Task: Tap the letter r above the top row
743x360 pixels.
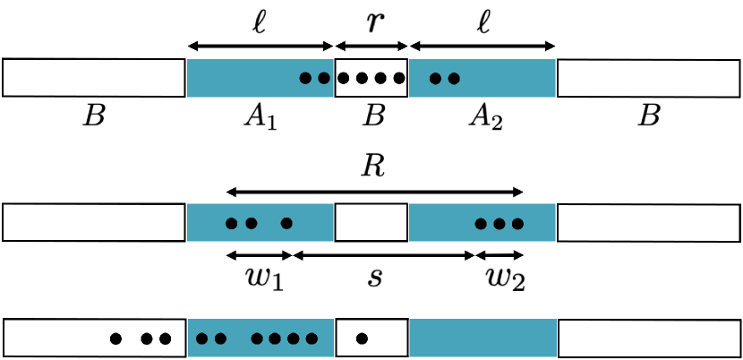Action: click(x=371, y=21)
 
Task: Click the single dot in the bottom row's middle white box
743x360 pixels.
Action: click(x=362, y=339)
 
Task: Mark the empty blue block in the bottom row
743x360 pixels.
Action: click(x=483, y=339)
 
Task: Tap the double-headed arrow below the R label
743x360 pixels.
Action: click(x=374, y=191)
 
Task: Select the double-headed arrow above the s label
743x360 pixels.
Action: click(x=384, y=255)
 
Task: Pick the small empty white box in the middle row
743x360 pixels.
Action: click(x=371, y=222)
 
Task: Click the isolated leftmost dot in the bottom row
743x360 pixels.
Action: click(x=115, y=339)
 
